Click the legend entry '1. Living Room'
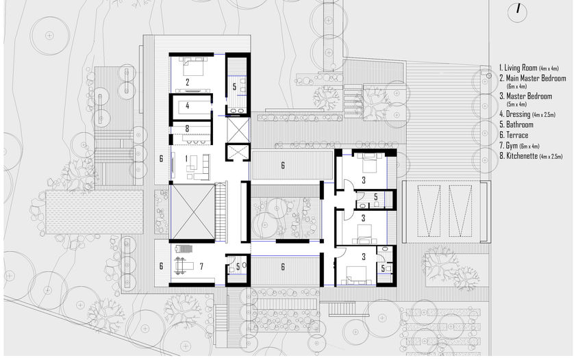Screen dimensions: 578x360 coord(518,68)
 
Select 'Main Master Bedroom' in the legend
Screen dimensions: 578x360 coord(536,78)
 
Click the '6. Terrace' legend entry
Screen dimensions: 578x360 coord(514,136)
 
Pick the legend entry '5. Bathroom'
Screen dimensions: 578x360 coord(516,125)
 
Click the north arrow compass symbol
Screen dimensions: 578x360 coord(517,12)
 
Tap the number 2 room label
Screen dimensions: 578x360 coord(187,83)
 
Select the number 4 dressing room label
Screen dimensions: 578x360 coord(187,106)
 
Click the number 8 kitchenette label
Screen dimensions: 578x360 coord(187,129)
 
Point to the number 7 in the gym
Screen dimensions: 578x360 coord(201,266)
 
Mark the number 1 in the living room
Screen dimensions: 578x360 coord(186,159)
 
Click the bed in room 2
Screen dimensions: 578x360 coord(193,66)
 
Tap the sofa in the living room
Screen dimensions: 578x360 coord(203,166)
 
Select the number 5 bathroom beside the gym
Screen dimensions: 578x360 coord(238,266)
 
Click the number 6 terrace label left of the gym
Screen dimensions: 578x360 coord(161,266)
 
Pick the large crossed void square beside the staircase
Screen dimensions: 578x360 coord(192,212)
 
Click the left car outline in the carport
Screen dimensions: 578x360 coord(429,211)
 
